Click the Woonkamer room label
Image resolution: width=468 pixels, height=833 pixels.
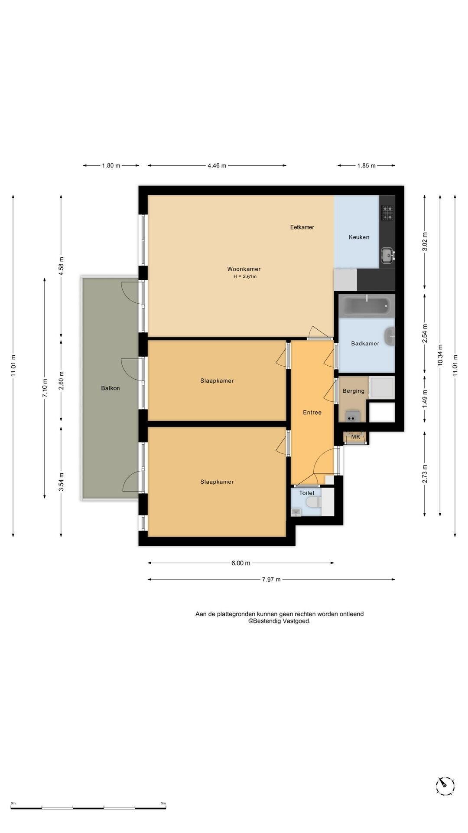click(x=244, y=269)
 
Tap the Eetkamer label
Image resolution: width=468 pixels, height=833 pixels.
click(x=302, y=227)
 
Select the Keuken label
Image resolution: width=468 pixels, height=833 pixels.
click(x=359, y=237)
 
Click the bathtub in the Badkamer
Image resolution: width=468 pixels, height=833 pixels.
click(x=367, y=305)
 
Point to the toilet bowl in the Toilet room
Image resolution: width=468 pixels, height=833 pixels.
click(x=312, y=503)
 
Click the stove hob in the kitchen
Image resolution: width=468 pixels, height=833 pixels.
click(x=387, y=213)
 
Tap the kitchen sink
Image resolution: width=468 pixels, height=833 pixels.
click(x=387, y=254)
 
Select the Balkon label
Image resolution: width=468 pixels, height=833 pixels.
click(x=110, y=388)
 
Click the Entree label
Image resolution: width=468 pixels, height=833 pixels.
click(x=312, y=413)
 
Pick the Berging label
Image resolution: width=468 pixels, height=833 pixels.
click(x=354, y=391)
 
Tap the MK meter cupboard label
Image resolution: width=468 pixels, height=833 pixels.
click(x=356, y=437)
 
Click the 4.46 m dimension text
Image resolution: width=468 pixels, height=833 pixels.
click(x=217, y=165)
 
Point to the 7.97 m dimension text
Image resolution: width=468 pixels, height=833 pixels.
click(x=271, y=579)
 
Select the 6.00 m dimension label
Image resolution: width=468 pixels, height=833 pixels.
click(x=241, y=563)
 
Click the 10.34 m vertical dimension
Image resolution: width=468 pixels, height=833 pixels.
click(x=440, y=355)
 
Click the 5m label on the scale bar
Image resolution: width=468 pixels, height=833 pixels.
click(x=163, y=803)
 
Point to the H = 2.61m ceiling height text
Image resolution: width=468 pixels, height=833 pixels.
click(x=245, y=276)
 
